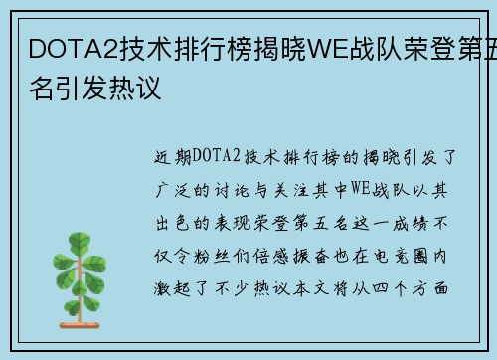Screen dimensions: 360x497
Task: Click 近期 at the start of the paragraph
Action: pos(174,156)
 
